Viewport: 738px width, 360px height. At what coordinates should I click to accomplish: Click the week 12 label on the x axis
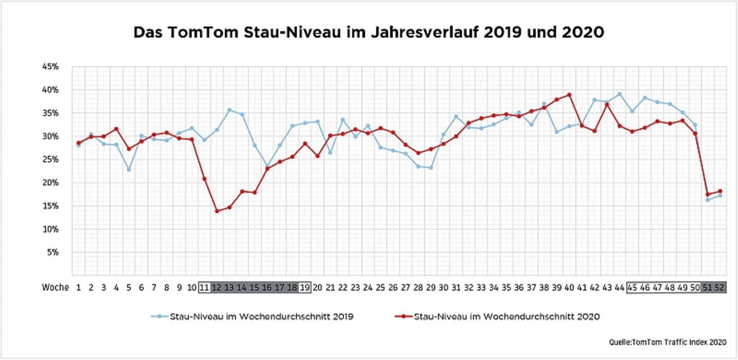216,288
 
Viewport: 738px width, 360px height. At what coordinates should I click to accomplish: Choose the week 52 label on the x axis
720,288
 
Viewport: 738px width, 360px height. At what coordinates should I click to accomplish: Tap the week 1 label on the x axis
78,288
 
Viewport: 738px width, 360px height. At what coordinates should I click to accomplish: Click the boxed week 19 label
304,288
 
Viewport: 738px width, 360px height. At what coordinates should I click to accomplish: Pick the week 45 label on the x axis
632,288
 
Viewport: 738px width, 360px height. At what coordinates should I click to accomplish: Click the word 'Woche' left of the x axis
55,288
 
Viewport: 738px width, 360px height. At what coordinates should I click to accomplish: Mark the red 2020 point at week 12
217,211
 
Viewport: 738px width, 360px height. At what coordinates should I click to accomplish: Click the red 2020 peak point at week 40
569,95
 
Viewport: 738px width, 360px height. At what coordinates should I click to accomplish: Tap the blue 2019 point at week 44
620,94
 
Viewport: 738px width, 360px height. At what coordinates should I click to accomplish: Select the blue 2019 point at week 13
230,110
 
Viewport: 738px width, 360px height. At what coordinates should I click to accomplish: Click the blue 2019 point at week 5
129,169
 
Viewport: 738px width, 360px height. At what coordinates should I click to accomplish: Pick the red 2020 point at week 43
607,105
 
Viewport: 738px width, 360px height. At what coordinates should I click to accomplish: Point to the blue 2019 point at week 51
708,199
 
